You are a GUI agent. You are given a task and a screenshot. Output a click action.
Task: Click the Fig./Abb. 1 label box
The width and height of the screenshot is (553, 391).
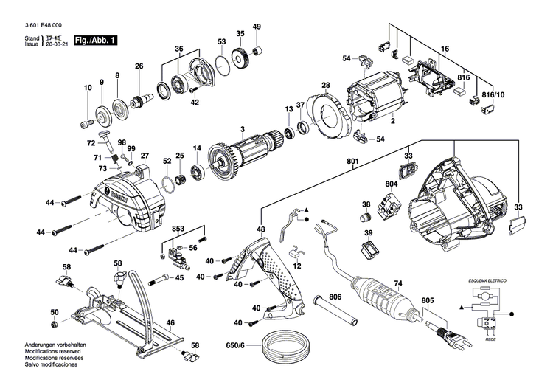click(x=96, y=38)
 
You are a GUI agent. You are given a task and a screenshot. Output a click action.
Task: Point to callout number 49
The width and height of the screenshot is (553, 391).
click(x=257, y=27)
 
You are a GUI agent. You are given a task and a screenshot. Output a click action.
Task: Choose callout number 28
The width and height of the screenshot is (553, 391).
click(x=325, y=85)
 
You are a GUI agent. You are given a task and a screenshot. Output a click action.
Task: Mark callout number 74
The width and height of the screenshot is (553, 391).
click(x=397, y=283)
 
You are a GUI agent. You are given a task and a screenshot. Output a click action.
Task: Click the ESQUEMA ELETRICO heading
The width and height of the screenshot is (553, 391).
click(x=482, y=282)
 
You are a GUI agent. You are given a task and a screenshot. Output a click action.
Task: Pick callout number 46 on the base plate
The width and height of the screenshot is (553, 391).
click(x=170, y=323)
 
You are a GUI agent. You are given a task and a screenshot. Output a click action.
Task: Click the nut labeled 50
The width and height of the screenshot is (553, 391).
click(x=55, y=325)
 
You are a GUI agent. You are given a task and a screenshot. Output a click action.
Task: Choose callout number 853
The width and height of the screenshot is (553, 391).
click(x=177, y=229)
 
